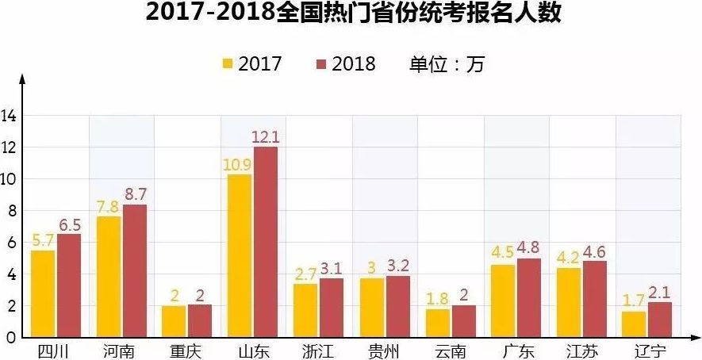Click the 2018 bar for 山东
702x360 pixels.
click(266, 242)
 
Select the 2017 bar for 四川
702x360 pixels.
click(43, 293)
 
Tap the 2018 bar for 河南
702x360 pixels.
click(134, 270)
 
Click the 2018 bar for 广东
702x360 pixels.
click(528, 297)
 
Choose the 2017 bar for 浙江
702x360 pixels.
click(305, 310)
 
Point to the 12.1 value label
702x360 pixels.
click(266, 137)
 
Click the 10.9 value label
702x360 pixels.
click(239, 164)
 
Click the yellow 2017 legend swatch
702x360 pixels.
click(228, 64)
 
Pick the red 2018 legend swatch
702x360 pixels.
click(321, 64)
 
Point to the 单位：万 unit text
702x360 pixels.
click(446, 64)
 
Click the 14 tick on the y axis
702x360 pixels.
click(9, 117)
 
